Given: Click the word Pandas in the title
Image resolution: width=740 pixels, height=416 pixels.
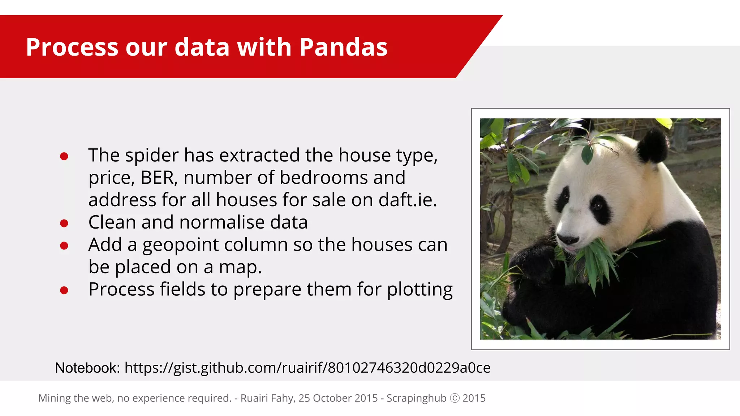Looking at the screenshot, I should (x=343, y=47).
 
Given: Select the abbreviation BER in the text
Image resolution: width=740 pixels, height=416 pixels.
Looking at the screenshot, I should (x=159, y=178).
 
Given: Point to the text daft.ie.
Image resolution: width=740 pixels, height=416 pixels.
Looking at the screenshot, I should (x=407, y=200).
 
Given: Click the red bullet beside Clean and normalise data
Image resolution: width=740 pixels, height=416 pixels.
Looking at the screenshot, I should (x=64, y=224).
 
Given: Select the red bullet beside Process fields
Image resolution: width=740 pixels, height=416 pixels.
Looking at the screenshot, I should (x=64, y=290).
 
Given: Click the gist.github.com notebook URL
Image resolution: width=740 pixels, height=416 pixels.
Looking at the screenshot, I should (x=307, y=368).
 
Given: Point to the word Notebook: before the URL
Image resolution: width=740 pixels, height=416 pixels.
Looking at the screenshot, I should (x=87, y=368).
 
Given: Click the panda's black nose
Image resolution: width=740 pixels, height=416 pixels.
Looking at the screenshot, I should (x=568, y=239).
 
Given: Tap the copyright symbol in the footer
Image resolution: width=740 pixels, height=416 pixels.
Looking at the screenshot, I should (x=455, y=398).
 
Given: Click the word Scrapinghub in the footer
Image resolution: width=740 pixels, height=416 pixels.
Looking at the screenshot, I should (x=416, y=398).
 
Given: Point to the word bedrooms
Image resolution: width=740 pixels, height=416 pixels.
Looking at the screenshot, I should (x=323, y=178).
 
